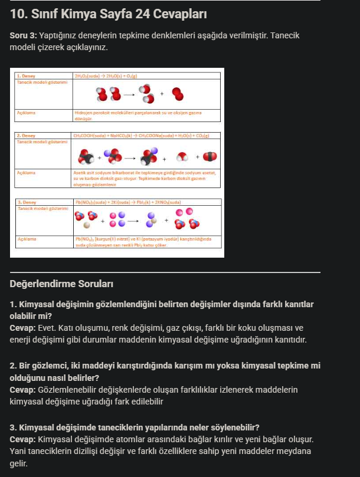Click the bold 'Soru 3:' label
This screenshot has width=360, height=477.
tap(24, 36)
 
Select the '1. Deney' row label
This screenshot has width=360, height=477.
tap(26, 76)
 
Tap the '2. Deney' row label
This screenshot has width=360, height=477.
tap(26, 136)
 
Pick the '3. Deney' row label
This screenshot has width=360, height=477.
tap(26, 202)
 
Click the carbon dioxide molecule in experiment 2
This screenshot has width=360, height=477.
tap(210, 157)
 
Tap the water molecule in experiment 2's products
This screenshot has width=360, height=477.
tap(184, 157)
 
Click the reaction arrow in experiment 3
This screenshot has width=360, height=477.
tap(132, 221)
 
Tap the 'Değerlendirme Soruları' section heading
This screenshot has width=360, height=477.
tap(62, 284)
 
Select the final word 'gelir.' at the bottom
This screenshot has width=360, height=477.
tap(19, 464)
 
